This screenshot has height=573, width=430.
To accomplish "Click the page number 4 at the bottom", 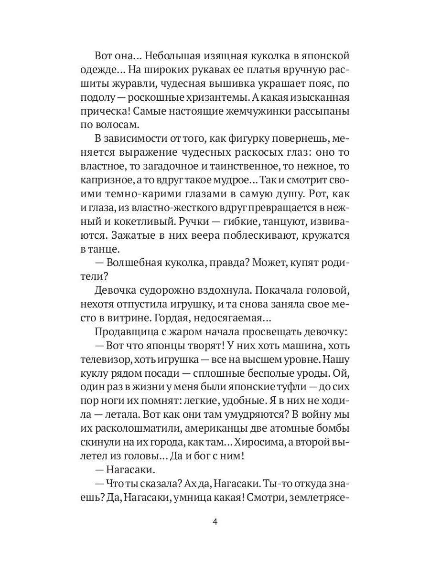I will [215, 521].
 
